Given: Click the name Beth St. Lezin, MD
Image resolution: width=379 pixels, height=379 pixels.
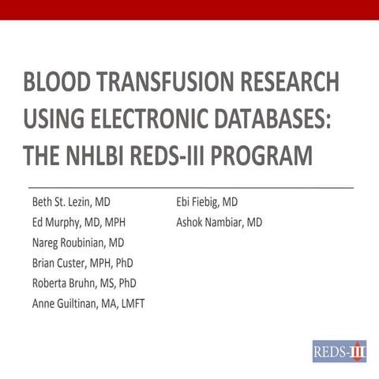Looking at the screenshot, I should coord(76,202).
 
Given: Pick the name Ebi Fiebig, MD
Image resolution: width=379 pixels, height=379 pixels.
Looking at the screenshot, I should coord(207,202).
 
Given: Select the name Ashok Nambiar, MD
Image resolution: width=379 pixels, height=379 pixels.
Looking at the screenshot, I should coord(219,223).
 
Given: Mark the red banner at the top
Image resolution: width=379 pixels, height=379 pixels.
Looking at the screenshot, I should coord(189,9).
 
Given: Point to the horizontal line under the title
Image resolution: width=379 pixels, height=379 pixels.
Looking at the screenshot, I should coord(189,187).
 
